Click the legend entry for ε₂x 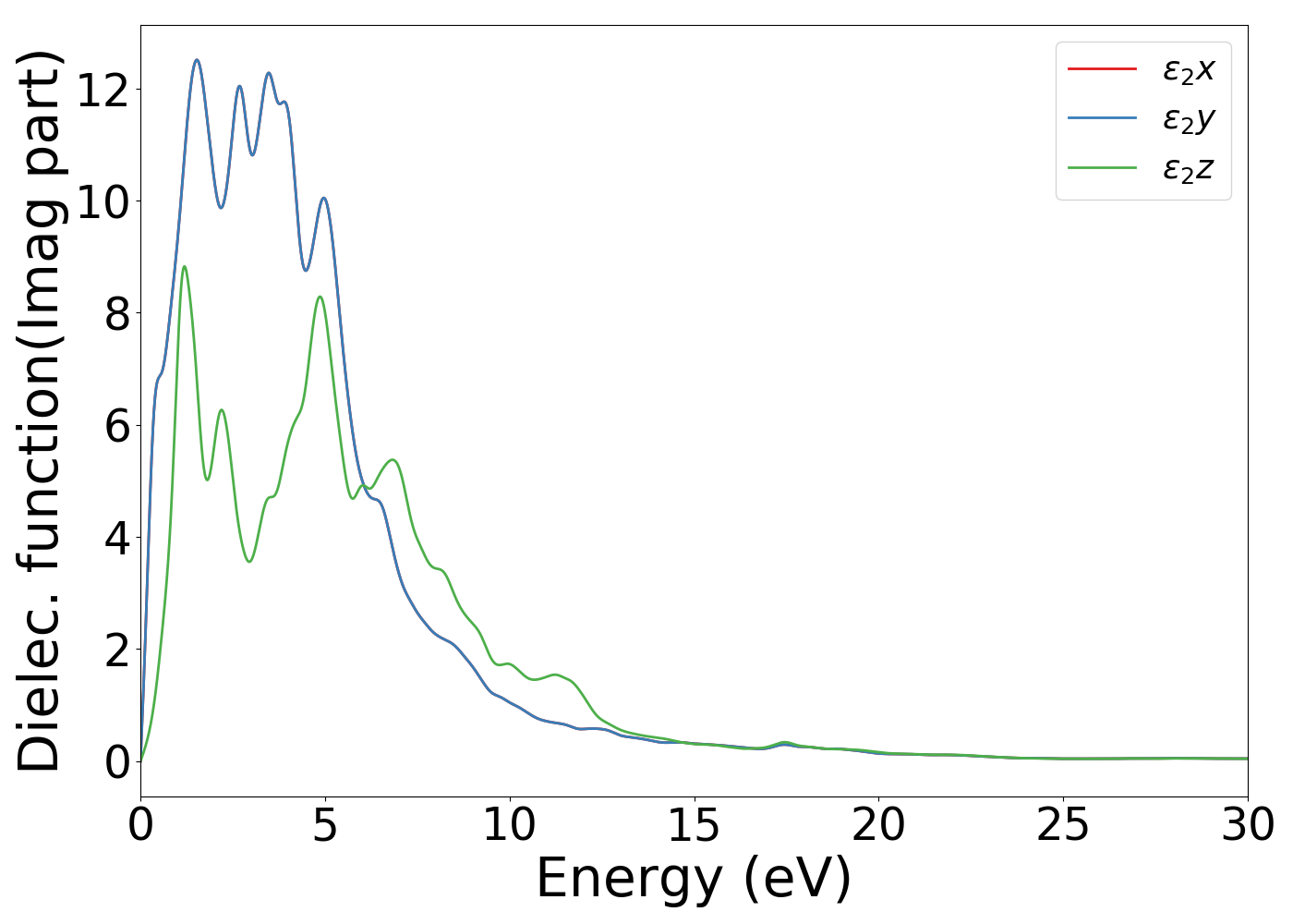click(x=1188, y=69)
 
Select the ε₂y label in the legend click(x=1188, y=119)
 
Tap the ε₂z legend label click(x=1188, y=169)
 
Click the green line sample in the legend click(x=1102, y=168)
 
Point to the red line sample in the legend click(x=1102, y=68)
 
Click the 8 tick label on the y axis click(x=117, y=314)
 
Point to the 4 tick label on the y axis click(x=117, y=538)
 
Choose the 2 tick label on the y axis click(x=117, y=650)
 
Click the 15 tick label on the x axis click(x=694, y=825)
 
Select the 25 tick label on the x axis click(x=1063, y=825)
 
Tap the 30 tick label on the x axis click(x=1248, y=825)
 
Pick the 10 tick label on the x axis click(x=509, y=825)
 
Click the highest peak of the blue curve click(x=197, y=60)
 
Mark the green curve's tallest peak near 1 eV click(x=185, y=267)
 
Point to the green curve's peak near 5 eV click(x=320, y=297)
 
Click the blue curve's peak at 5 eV click(x=323, y=198)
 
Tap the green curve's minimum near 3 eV click(x=249, y=561)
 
